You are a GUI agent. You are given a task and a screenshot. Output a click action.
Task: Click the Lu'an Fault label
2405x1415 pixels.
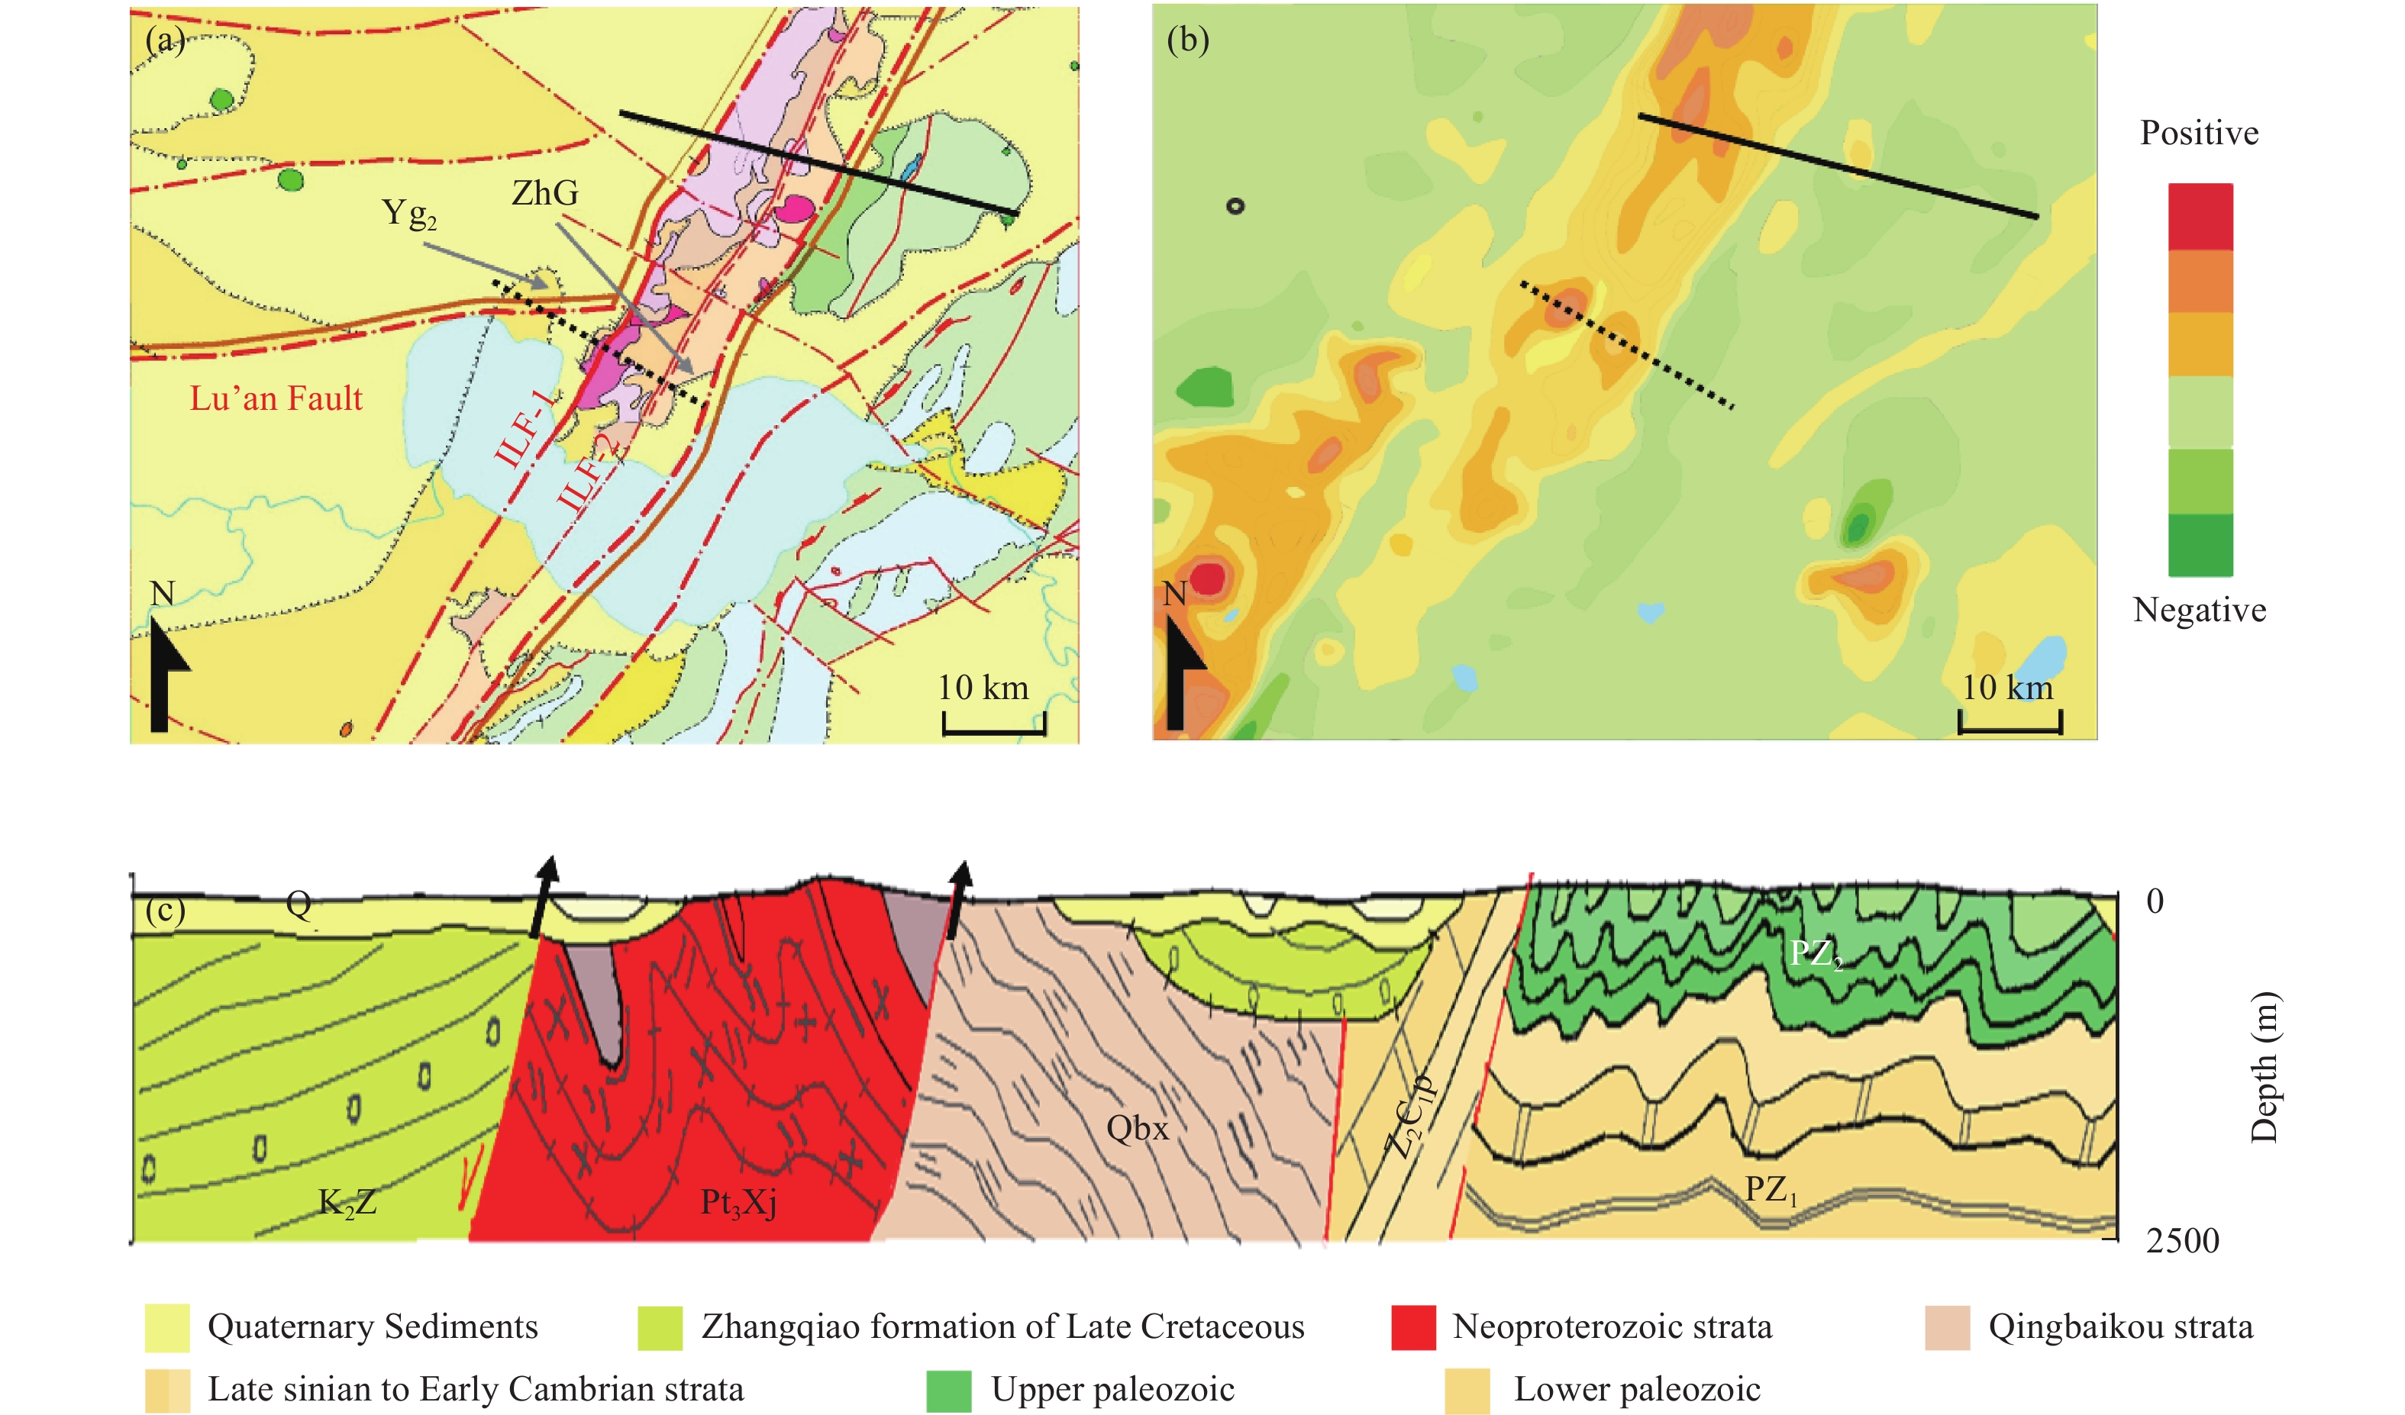coord(276,398)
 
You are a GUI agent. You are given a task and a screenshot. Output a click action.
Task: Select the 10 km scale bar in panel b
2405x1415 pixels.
coord(2010,722)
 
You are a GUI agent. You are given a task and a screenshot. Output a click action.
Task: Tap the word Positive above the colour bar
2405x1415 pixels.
coord(2198,133)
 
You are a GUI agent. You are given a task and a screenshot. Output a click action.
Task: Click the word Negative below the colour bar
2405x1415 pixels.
coord(2199,609)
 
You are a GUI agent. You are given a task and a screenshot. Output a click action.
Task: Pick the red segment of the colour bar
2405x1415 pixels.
coord(2200,217)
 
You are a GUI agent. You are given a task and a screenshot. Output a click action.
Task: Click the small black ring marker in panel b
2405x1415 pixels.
coord(1235,205)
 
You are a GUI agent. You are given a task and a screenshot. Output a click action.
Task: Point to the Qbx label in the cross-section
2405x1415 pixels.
coord(1136,1129)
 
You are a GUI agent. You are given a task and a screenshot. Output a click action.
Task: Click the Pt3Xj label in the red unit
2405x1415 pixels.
coord(738,1202)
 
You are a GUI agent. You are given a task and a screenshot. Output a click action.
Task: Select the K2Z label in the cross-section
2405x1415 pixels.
coord(347,1202)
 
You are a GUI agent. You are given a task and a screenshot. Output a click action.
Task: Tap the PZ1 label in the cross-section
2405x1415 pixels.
coord(1771,1189)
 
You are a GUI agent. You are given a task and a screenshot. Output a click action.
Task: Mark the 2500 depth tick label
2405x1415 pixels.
coord(2182,1240)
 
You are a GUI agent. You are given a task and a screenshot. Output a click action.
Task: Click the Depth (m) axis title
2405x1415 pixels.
coord(2264,1067)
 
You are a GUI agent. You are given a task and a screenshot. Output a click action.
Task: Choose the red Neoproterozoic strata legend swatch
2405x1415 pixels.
coord(1412,1327)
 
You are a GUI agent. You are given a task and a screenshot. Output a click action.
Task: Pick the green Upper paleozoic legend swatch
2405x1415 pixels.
coord(947,1390)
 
